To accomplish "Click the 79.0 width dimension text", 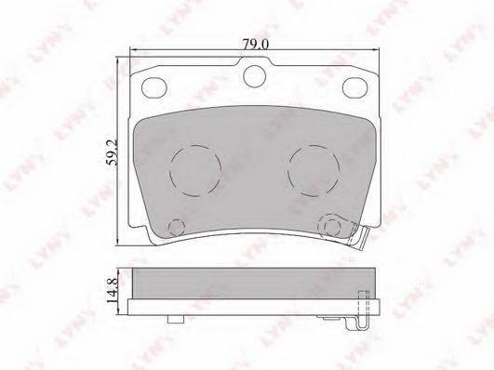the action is pyautogui.click(x=255, y=45).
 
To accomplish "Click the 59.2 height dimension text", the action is pyautogui.click(x=112, y=152).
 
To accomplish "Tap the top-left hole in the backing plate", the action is pyautogui.click(x=154, y=87).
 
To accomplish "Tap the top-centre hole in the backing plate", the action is pyautogui.click(x=254, y=76).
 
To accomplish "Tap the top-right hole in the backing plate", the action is pyautogui.click(x=355, y=87).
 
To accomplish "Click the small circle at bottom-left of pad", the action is pyautogui.click(x=177, y=226).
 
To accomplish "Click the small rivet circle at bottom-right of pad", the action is pyautogui.click(x=331, y=226).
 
